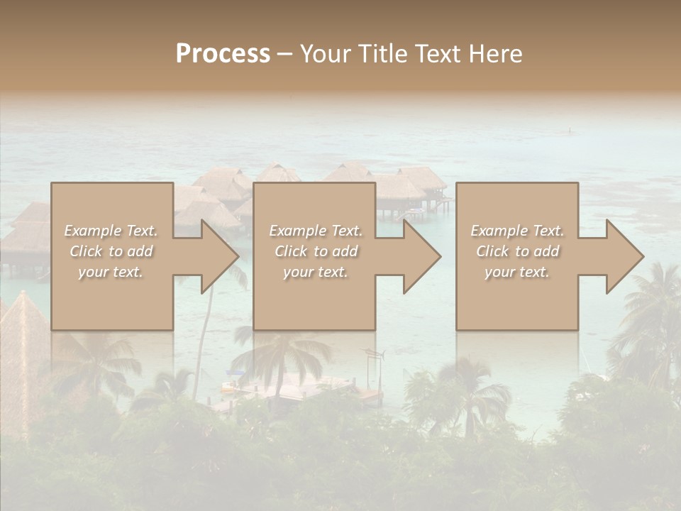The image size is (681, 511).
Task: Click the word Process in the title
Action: coord(223,54)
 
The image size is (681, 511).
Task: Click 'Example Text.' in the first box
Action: coord(111,231)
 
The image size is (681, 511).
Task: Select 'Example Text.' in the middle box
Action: coord(316,231)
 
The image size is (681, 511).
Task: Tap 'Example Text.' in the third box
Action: coord(517,231)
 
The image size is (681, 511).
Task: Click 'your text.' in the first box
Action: coord(111,272)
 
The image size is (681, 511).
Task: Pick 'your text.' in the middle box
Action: coord(315,272)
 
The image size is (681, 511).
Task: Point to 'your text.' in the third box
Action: coord(516,272)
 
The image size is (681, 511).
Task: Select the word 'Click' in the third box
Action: coord(493,251)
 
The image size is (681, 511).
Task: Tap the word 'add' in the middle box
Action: coord(344,251)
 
